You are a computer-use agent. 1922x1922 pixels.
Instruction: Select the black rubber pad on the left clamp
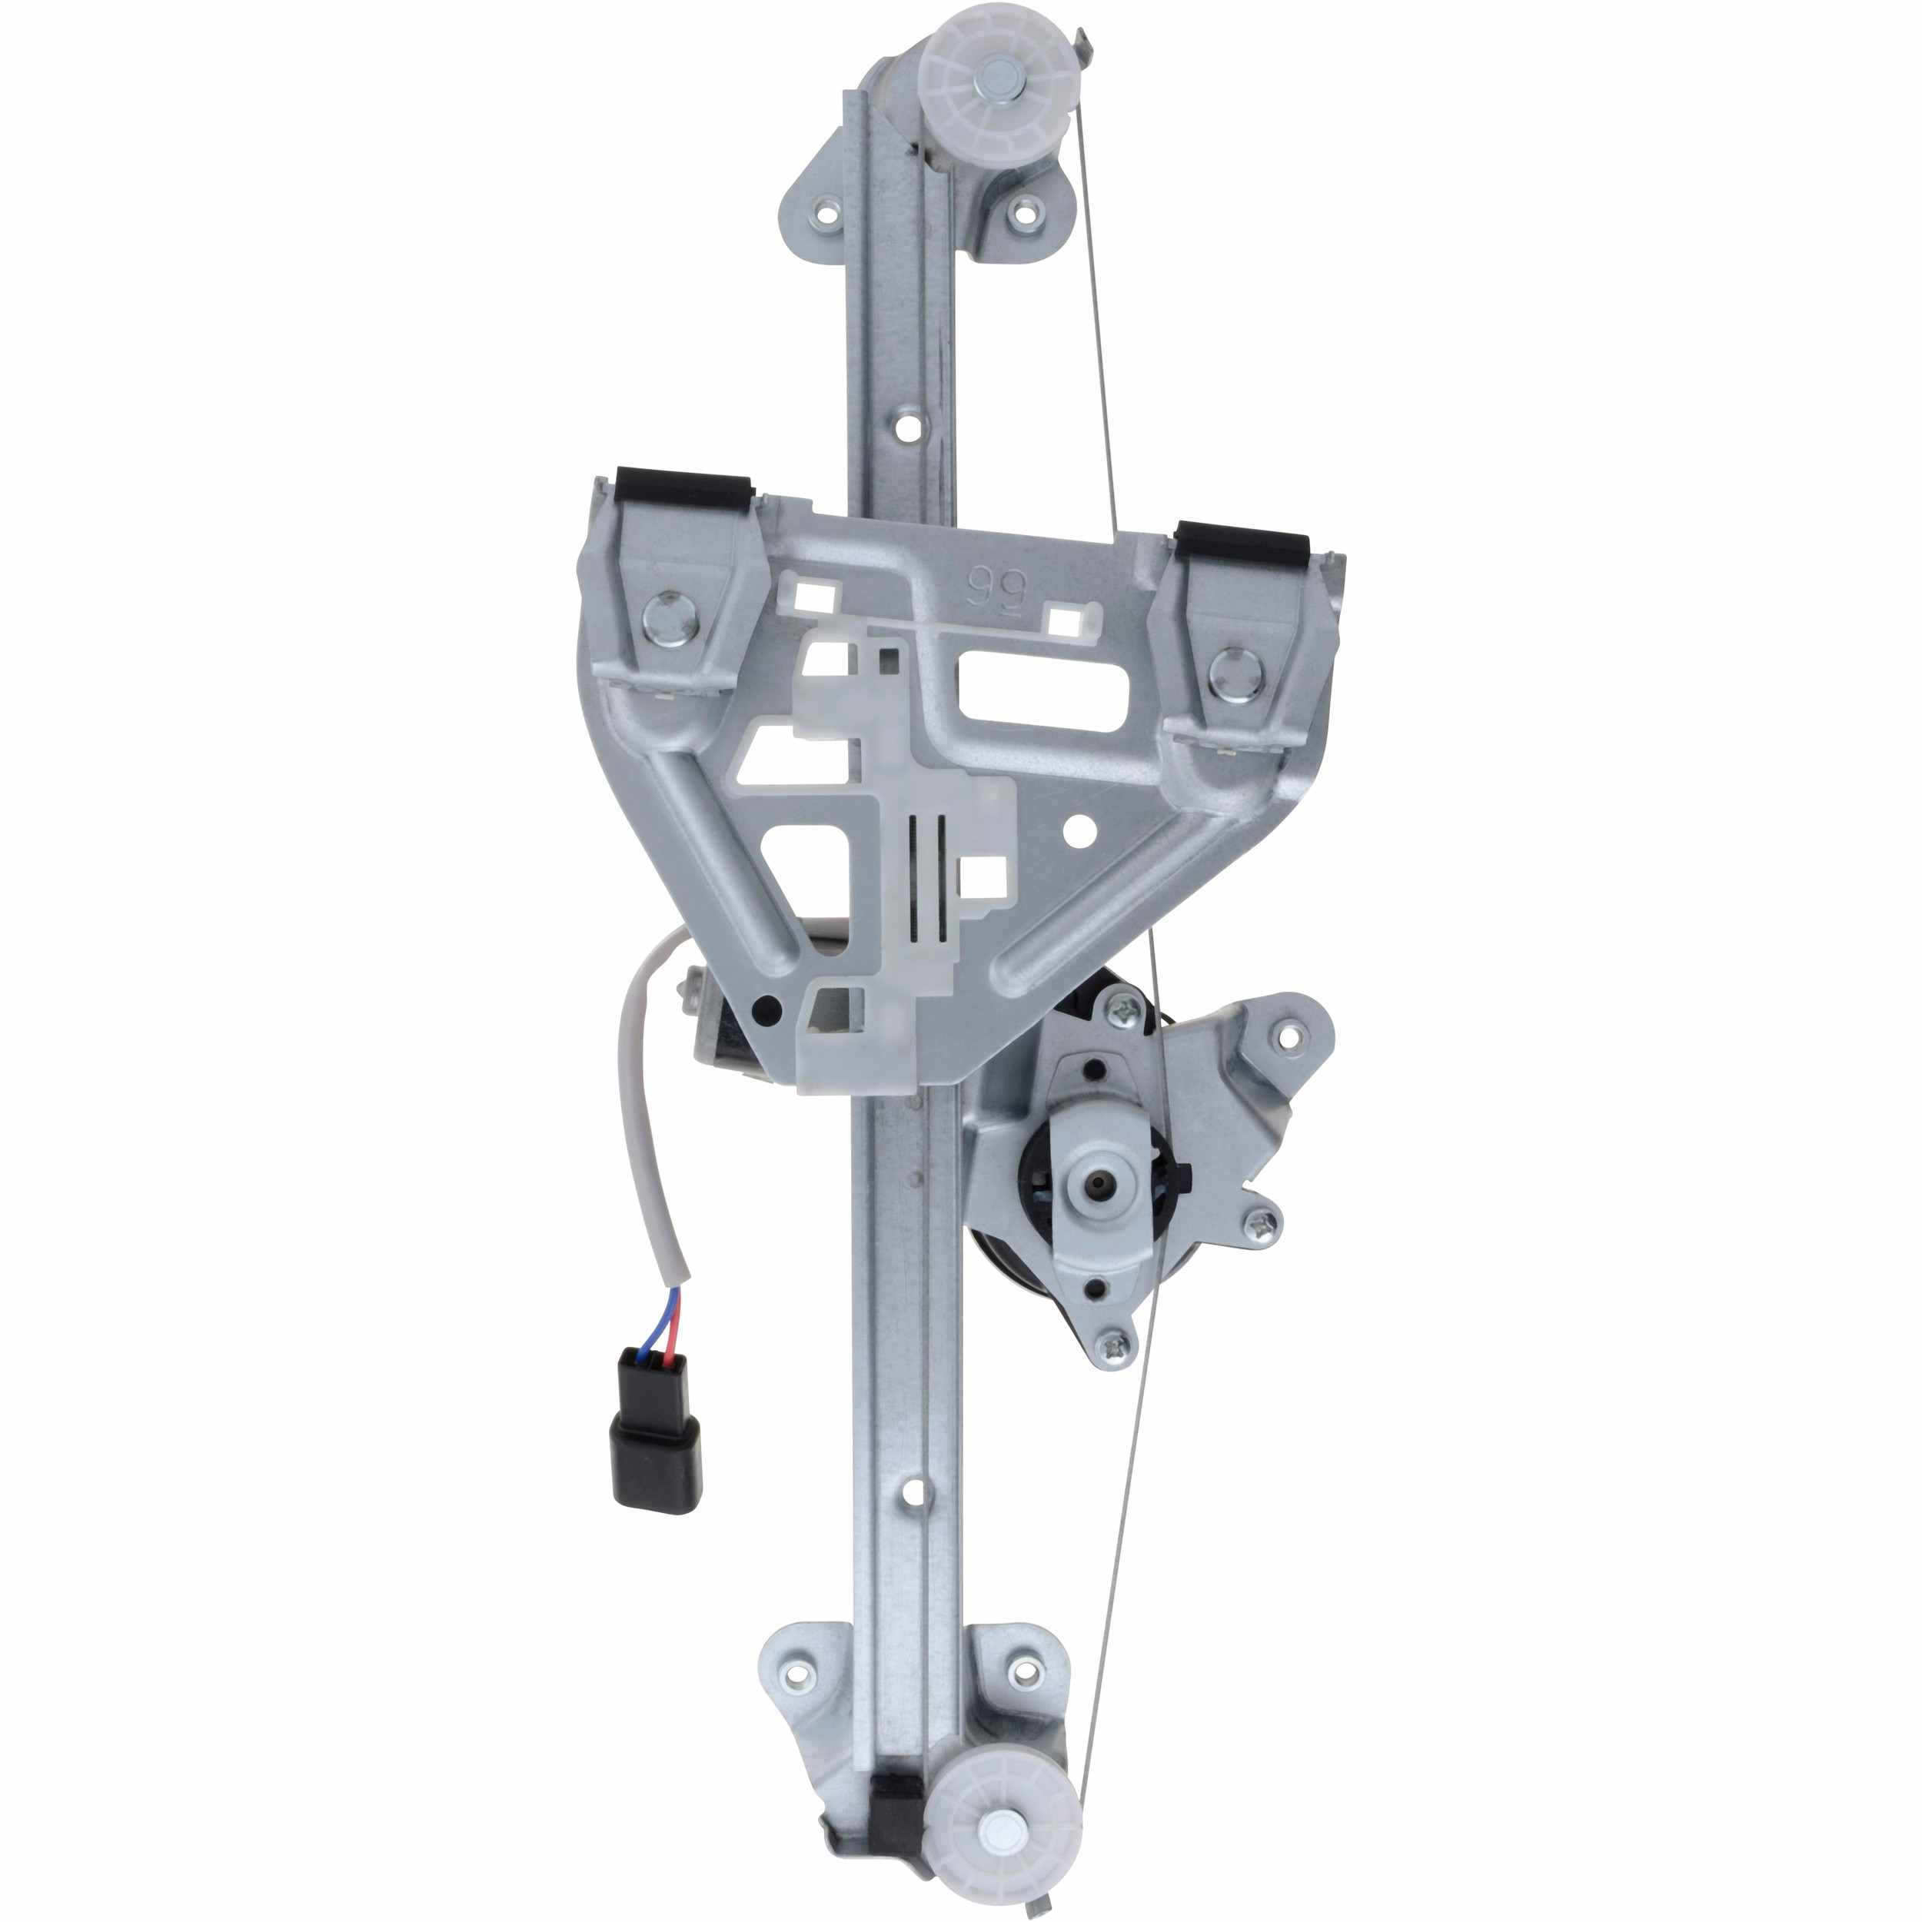click(x=683, y=487)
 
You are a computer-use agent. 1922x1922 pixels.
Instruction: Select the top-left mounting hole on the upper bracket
click(x=826, y=210)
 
